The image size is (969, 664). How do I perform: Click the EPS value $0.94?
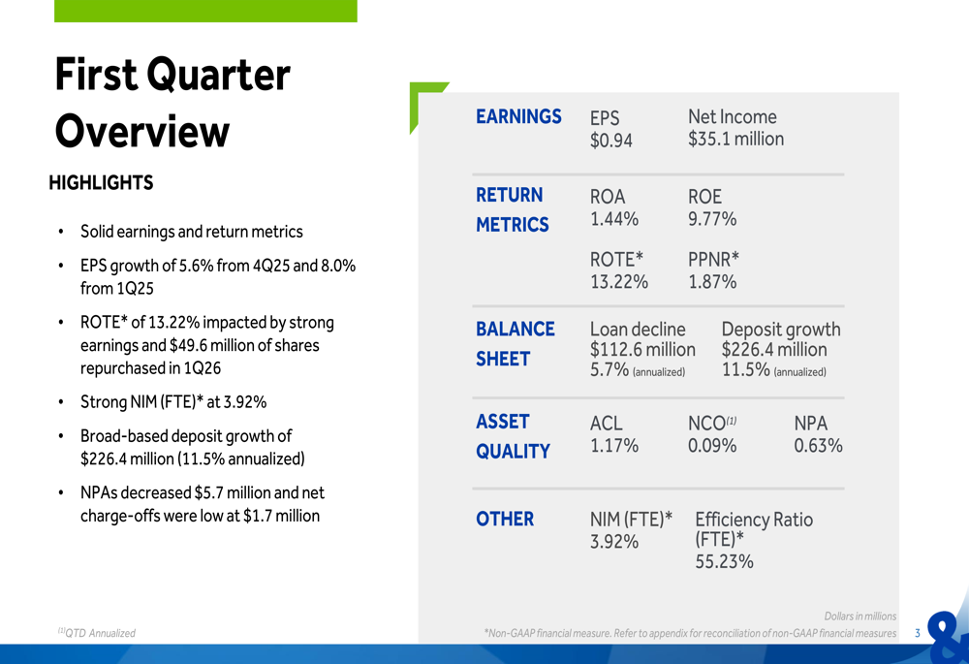coord(610,141)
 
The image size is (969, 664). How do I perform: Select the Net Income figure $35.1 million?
coord(735,139)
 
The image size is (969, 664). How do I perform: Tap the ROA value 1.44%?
coord(613,219)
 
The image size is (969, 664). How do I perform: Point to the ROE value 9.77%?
coord(712,219)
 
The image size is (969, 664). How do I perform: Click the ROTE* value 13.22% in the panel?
coord(618,281)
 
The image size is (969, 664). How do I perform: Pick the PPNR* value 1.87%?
coord(712,281)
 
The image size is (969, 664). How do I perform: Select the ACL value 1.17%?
coord(613,445)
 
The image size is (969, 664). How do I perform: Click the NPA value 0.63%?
coord(818,445)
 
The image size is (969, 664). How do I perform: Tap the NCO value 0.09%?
coord(712,445)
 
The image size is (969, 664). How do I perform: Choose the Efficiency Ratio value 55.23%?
coord(723,561)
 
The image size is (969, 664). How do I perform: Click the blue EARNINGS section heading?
coord(518,116)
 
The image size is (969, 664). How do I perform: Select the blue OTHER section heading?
coord(505,519)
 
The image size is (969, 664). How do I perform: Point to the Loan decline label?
coord(637,330)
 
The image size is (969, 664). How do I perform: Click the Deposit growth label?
coord(781,330)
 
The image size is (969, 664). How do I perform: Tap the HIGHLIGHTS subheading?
coord(101,182)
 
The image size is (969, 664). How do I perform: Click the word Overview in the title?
coord(141,132)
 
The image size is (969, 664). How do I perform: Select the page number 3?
coord(918,633)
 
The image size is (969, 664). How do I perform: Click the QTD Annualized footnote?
coord(97,633)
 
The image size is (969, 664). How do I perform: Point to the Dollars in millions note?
coord(860,616)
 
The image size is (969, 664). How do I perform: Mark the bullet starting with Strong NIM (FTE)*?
coord(172,401)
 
